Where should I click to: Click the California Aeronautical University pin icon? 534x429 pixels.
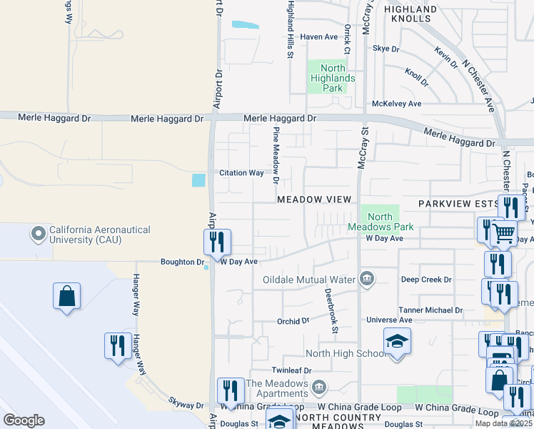(38, 233)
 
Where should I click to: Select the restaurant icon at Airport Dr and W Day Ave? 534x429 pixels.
(217, 243)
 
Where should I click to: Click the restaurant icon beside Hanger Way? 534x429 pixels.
(118, 347)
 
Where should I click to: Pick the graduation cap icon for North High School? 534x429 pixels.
(397, 343)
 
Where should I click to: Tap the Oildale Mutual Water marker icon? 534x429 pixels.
(367, 279)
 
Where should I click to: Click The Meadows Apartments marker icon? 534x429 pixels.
(319, 387)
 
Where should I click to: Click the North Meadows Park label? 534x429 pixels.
(380, 222)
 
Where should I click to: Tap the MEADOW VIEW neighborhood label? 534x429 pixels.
(314, 199)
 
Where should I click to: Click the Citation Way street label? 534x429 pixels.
(241, 173)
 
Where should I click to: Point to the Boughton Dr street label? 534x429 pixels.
(183, 262)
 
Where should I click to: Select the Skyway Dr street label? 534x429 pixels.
(186, 405)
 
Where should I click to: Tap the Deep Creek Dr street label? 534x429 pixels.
(426, 280)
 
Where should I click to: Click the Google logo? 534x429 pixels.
(24, 420)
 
